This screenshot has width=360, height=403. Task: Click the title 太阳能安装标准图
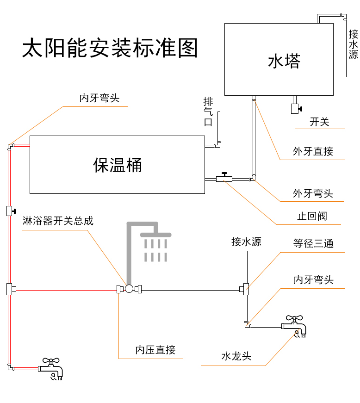(110, 48)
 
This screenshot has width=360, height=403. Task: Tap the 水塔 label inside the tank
(284, 61)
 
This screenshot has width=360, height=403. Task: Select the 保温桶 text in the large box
(118, 165)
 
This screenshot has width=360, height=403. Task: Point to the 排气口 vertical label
(208, 112)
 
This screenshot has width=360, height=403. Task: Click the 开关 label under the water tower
(319, 122)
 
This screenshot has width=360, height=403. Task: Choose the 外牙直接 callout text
(313, 151)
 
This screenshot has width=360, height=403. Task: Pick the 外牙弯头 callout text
(313, 193)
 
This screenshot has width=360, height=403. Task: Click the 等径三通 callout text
(313, 243)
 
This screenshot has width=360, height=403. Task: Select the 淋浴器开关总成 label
(58, 221)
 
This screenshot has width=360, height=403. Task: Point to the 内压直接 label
(155, 350)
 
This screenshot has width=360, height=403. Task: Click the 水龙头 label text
(236, 356)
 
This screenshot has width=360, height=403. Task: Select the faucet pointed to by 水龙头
(295, 326)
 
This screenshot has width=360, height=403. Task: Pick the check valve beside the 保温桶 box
(224, 178)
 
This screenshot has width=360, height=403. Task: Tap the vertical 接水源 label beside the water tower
(353, 44)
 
